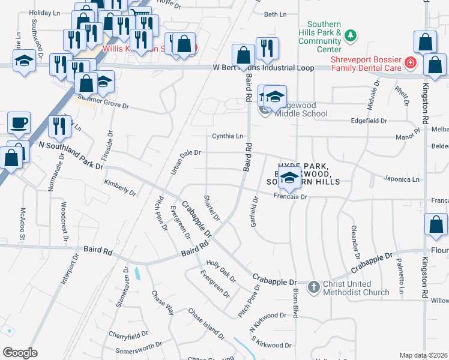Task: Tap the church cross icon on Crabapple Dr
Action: click(x=313, y=287)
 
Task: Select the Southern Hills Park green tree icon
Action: click(x=349, y=36)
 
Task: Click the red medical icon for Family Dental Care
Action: click(x=410, y=62)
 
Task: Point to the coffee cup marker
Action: click(x=19, y=123)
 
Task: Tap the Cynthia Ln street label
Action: click(x=228, y=136)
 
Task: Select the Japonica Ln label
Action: click(x=402, y=179)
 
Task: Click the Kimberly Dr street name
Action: click(x=120, y=188)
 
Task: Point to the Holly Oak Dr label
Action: click(x=221, y=270)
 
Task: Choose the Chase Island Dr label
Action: click(x=206, y=324)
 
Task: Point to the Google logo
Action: click(x=20, y=353)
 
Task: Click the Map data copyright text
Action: click(x=424, y=355)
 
